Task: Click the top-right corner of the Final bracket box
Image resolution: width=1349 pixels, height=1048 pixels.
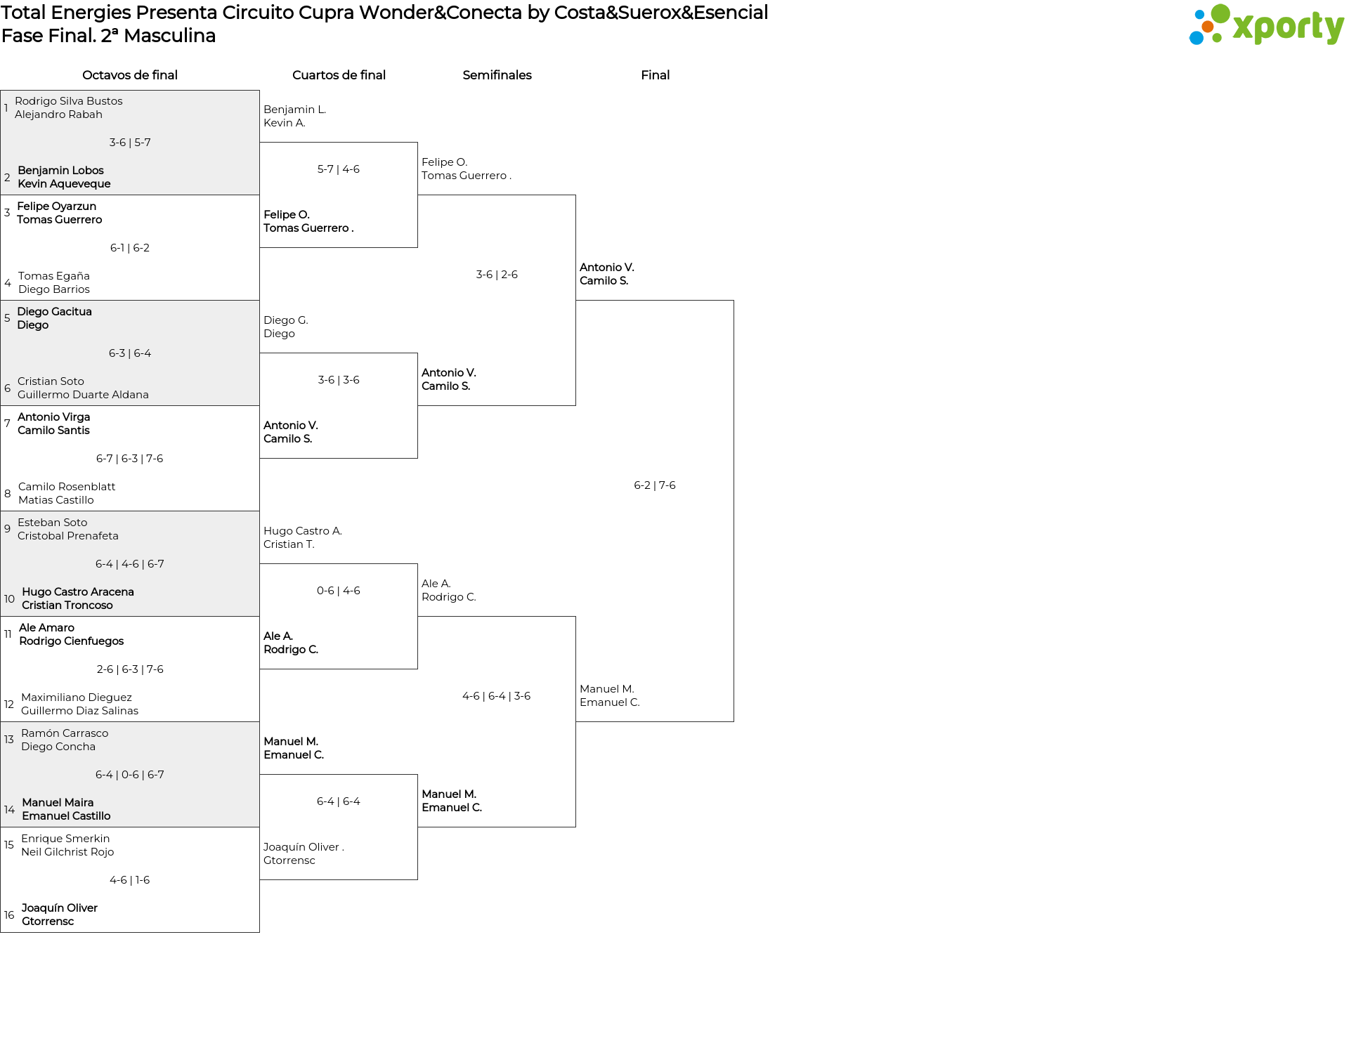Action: click(x=734, y=301)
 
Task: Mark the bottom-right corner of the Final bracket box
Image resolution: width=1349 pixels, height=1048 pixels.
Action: click(x=734, y=721)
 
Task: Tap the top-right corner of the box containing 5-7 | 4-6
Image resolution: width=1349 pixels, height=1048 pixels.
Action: click(x=417, y=143)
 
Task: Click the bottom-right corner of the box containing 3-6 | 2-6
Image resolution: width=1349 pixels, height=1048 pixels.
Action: click(x=575, y=405)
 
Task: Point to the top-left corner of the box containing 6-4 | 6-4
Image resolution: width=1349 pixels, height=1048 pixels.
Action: click(x=260, y=775)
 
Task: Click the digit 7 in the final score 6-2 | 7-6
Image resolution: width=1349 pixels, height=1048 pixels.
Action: click(x=662, y=485)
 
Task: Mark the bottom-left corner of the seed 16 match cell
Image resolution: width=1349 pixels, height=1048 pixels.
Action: click(x=1, y=932)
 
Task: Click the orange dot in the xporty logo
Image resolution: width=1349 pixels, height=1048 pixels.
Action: click(x=1208, y=27)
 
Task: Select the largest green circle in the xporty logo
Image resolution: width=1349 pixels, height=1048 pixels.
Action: click(x=1220, y=14)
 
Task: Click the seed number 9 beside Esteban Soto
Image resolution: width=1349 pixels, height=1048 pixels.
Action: click(x=7, y=529)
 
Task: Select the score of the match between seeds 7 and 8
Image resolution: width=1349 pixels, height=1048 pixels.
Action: click(x=130, y=459)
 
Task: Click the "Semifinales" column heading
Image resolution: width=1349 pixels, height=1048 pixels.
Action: click(x=497, y=75)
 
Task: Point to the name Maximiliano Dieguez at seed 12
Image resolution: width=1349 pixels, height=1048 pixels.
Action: click(x=77, y=697)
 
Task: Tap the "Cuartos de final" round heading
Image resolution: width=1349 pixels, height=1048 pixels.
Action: click(x=339, y=75)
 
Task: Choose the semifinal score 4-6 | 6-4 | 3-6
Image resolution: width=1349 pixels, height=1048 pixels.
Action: click(x=497, y=696)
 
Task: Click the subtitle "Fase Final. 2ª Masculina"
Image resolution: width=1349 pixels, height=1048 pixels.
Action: click(x=108, y=36)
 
